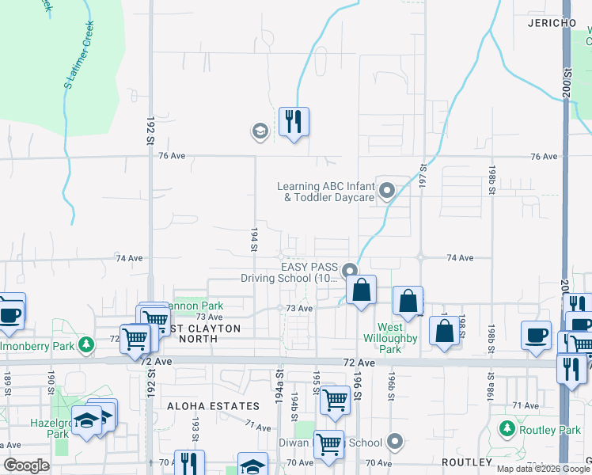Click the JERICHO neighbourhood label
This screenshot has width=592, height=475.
click(x=552, y=24)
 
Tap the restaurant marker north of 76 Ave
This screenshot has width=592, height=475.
click(x=294, y=122)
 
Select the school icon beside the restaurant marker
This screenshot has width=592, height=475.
click(x=259, y=131)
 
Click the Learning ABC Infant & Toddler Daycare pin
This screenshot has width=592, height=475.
click(x=387, y=191)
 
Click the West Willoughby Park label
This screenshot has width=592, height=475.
click(x=389, y=338)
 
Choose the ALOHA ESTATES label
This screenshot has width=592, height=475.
click(x=213, y=406)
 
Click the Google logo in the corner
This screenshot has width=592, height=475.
click(x=26, y=465)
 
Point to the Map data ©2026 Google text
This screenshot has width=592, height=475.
click(x=544, y=469)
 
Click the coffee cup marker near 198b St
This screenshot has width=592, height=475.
click(x=536, y=334)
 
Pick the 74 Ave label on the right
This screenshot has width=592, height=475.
click(x=460, y=258)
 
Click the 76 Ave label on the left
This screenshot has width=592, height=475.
click(x=171, y=156)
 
